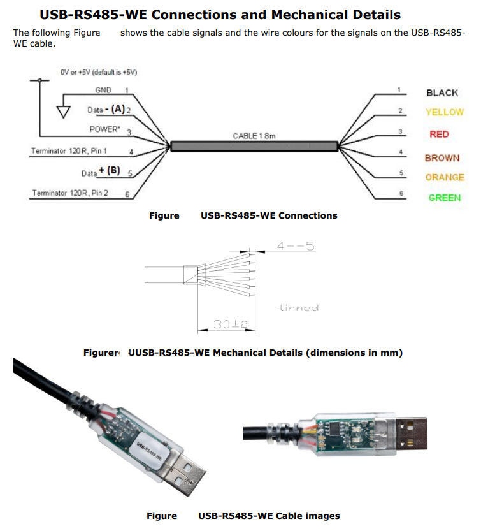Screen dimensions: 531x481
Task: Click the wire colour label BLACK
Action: click(442, 92)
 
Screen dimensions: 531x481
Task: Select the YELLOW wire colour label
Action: click(444, 112)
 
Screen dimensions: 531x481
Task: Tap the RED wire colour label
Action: click(439, 135)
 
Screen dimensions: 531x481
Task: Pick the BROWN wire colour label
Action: click(442, 157)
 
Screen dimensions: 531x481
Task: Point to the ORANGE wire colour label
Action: click(445, 177)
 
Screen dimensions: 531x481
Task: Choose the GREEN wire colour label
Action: click(444, 198)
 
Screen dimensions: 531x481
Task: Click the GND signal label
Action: click(103, 90)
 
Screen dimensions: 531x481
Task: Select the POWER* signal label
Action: click(104, 129)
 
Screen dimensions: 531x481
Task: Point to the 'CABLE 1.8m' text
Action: click(254, 136)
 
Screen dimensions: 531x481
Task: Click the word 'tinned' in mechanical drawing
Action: click(298, 308)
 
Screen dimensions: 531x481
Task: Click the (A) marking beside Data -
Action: click(118, 110)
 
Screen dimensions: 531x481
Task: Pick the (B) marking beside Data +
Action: click(113, 171)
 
